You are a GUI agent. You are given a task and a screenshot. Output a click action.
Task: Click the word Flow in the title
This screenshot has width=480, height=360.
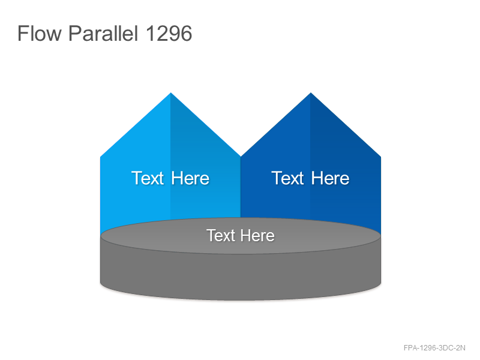click(40, 33)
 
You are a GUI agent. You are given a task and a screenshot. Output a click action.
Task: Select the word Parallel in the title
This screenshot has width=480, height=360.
click(103, 33)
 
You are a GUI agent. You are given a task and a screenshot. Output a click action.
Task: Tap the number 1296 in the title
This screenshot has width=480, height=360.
click(169, 33)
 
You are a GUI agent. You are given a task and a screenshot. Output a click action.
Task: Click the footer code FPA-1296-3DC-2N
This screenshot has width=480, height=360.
click(434, 348)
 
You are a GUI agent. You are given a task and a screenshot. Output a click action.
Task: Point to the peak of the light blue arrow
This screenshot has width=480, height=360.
click(171, 93)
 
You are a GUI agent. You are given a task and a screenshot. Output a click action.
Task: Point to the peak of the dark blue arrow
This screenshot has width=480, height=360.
click(311, 93)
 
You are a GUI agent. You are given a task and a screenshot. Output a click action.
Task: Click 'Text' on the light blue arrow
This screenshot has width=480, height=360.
click(148, 178)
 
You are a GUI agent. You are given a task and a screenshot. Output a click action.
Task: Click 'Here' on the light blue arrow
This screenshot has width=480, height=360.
click(190, 178)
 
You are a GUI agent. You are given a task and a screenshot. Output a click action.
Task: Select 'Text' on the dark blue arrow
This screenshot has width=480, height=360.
click(288, 178)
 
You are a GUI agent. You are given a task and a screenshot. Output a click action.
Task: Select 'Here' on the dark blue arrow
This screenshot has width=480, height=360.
click(331, 178)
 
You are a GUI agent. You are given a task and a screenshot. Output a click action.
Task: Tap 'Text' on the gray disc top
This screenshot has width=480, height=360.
click(221, 235)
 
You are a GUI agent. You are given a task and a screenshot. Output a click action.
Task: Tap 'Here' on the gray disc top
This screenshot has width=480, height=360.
click(257, 235)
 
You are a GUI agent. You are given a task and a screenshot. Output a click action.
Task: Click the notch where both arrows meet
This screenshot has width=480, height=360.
click(241, 157)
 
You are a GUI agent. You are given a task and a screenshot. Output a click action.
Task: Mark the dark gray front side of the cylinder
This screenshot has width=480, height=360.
click(241, 275)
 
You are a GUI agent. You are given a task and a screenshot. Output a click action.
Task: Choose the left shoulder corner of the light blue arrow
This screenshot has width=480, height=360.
click(101, 157)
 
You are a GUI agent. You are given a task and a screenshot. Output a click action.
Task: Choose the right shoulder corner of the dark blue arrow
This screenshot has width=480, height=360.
click(380, 157)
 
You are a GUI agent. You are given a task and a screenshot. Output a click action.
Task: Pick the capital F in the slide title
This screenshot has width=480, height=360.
click(23, 33)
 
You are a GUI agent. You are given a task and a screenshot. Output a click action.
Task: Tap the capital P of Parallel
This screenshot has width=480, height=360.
click(74, 33)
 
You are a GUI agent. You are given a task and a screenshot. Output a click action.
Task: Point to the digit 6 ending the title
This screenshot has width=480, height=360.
click(187, 33)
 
